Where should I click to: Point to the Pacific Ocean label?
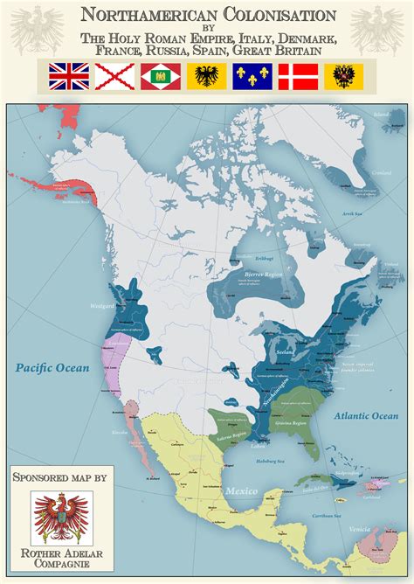52,368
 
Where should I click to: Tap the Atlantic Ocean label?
366,416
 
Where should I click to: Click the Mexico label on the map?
242,490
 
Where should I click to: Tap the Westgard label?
102,306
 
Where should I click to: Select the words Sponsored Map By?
59,478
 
